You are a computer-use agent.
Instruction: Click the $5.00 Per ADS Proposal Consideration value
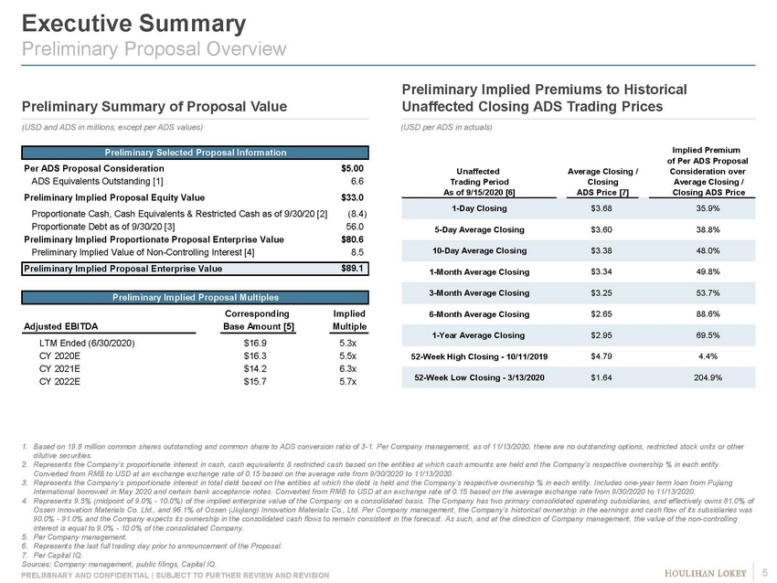(x=352, y=168)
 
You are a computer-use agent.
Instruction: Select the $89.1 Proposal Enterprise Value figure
(x=353, y=269)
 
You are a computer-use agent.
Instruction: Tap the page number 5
(x=765, y=573)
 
